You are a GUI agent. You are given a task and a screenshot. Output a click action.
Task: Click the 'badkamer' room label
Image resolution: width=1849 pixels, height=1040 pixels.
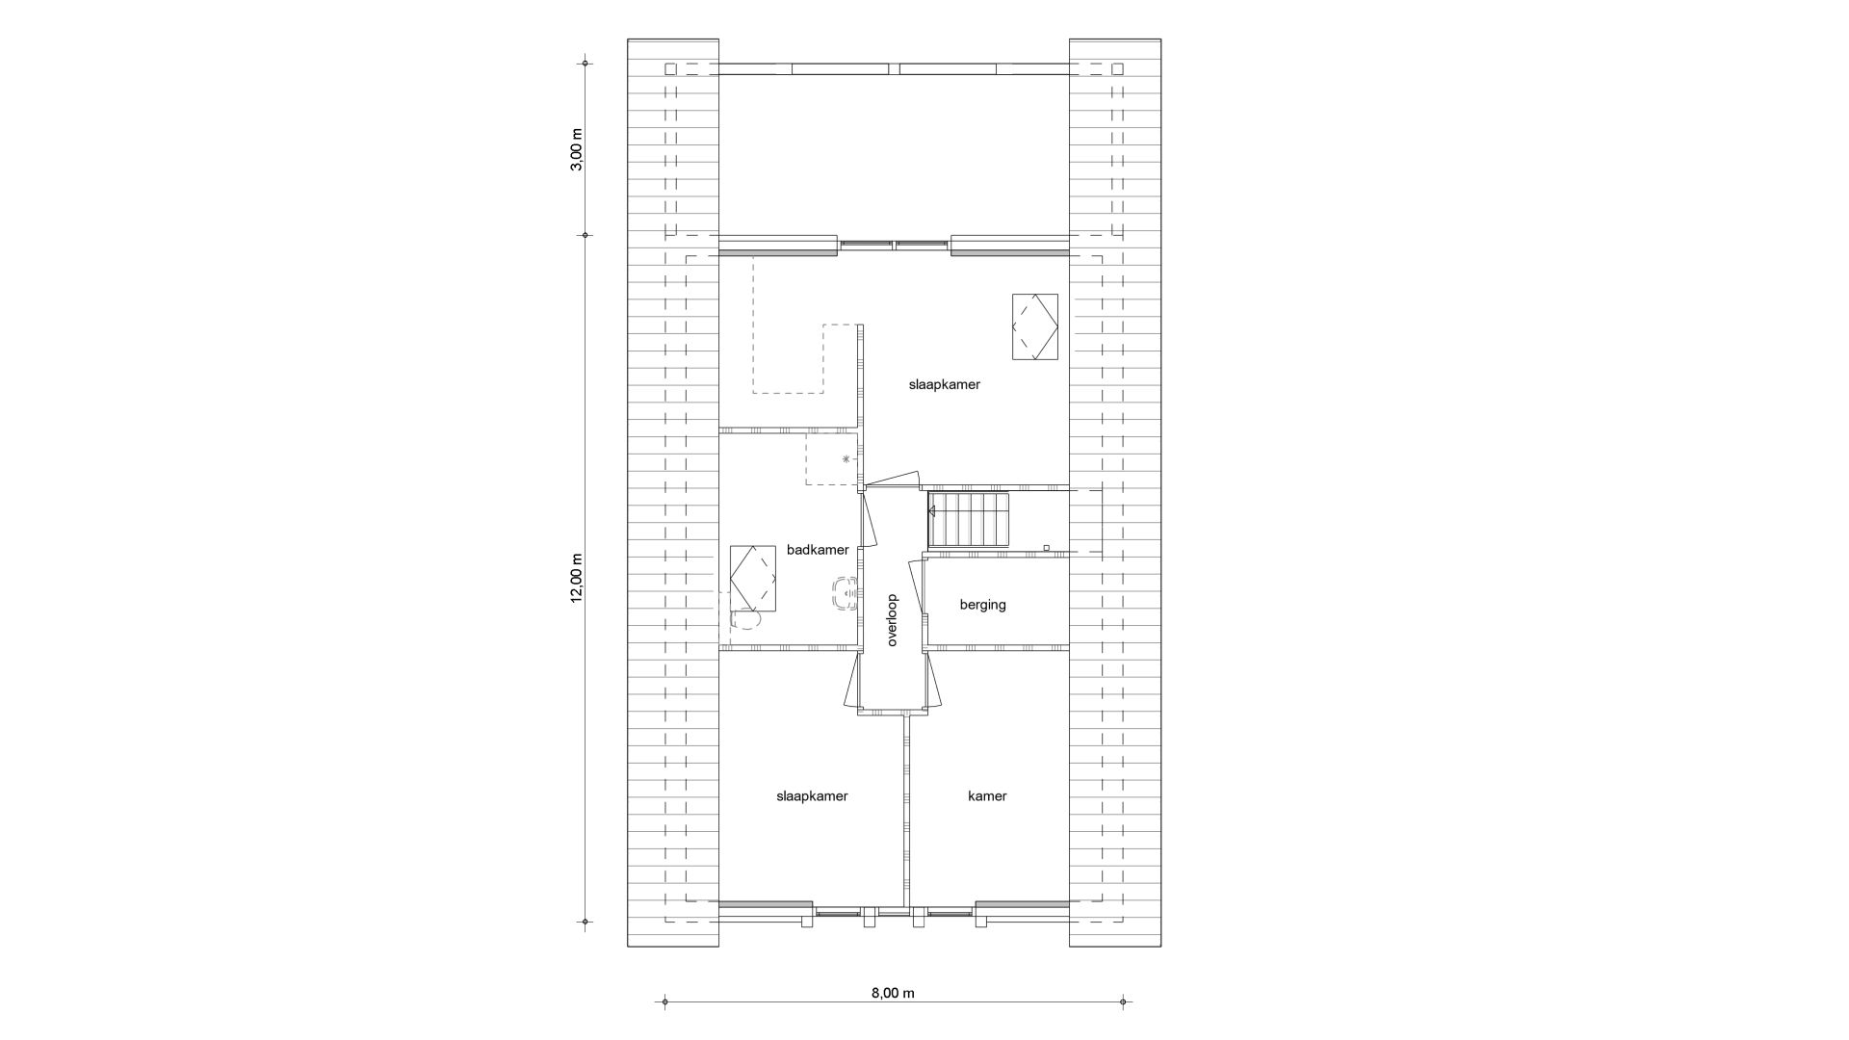point(818,550)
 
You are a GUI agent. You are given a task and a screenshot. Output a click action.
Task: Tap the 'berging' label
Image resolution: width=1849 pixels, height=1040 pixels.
point(982,605)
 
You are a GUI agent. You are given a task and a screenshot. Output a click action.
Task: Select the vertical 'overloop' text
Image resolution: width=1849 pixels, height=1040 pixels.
point(892,619)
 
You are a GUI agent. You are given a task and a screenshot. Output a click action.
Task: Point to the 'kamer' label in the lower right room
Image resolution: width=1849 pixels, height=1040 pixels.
point(987,795)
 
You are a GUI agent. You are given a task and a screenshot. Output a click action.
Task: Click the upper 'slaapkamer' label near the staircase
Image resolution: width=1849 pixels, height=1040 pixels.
point(944,384)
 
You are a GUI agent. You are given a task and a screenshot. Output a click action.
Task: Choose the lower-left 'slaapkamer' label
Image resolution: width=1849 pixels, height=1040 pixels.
point(812,795)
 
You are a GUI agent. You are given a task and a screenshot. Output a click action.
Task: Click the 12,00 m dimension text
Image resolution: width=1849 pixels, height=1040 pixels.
point(577,578)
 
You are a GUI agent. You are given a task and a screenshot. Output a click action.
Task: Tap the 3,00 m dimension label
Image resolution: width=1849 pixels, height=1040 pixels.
point(577,149)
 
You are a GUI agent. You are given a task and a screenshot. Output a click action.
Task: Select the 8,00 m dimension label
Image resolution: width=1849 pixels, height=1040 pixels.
point(893,993)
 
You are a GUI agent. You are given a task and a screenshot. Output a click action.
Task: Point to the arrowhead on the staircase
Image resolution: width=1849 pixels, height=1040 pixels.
point(930,510)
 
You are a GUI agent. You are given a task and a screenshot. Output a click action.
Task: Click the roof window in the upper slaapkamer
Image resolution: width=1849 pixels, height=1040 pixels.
point(1034,326)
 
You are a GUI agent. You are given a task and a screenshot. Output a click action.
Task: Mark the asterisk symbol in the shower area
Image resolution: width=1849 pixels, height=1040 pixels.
point(846,459)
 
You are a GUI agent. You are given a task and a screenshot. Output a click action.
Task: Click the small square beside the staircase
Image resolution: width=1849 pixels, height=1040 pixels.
point(1046,548)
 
